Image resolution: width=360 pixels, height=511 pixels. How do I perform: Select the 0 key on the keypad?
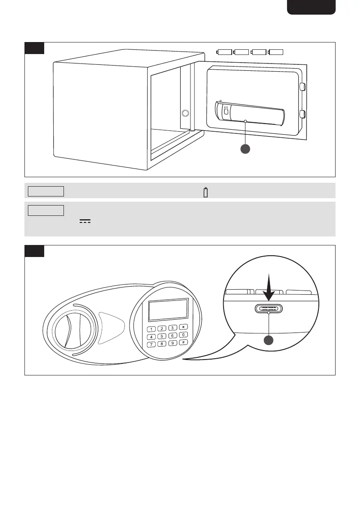coord(184,335)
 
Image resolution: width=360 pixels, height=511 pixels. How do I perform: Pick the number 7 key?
coord(151,344)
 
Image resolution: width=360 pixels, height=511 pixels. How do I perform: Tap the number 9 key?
coord(172,343)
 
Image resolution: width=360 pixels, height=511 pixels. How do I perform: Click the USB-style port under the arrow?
coord(268,309)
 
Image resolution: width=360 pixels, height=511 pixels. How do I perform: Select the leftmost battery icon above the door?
coord(224,52)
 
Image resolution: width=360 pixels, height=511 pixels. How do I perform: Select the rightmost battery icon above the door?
coord(276,52)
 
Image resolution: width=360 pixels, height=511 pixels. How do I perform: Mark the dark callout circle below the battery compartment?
coord(245,149)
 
